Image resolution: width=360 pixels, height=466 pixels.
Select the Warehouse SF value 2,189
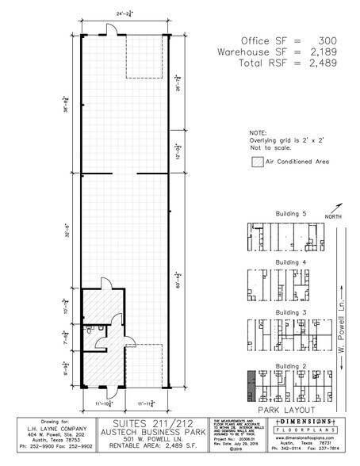tap(328, 49)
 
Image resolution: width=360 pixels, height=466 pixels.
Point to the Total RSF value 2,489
tap(328, 61)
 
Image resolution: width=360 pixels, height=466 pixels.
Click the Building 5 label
tap(291, 215)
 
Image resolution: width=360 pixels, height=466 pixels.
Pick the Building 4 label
tap(291, 262)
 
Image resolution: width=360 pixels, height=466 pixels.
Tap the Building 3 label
tap(291, 311)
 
